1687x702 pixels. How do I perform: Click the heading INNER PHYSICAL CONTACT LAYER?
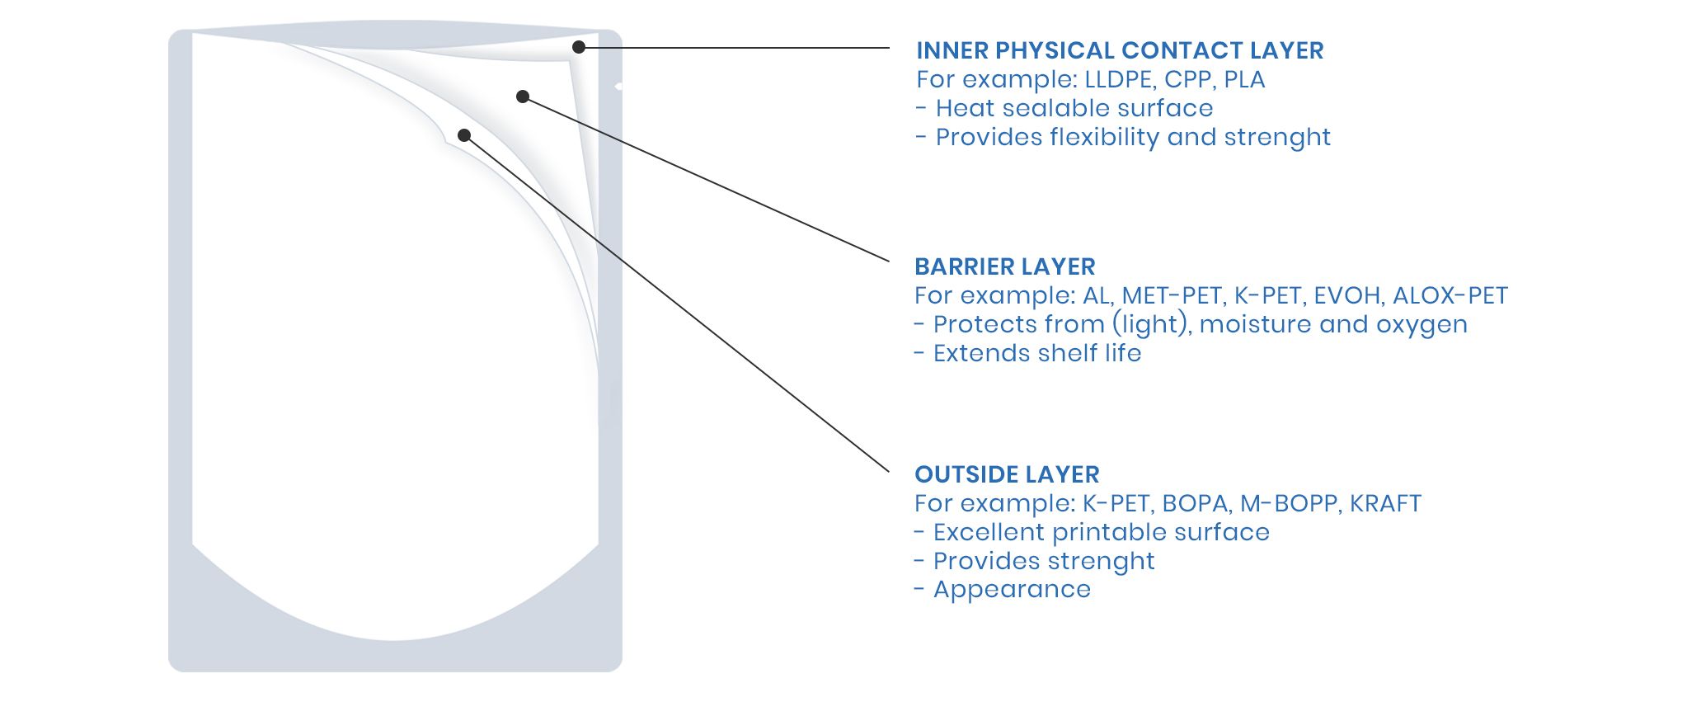click(x=1120, y=50)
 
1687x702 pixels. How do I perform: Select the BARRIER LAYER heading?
click(x=1005, y=266)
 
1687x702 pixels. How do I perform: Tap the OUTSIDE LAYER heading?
click(x=1007, y=474)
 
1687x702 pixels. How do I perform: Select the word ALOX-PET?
click(x=1450, y=295)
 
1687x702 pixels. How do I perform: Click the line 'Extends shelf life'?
click(x=1027, y=353)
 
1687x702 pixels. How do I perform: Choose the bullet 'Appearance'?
click(x=1003, y=590)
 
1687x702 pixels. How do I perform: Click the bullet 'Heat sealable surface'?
click(x=1064, y=108)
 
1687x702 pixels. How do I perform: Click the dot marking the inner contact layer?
click(x=579, y=48)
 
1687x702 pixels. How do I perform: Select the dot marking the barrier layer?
click(x=523, y=97)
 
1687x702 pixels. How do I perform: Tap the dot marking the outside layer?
click(x=464, y=135)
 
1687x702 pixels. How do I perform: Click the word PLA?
click(x=1245, y=79)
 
